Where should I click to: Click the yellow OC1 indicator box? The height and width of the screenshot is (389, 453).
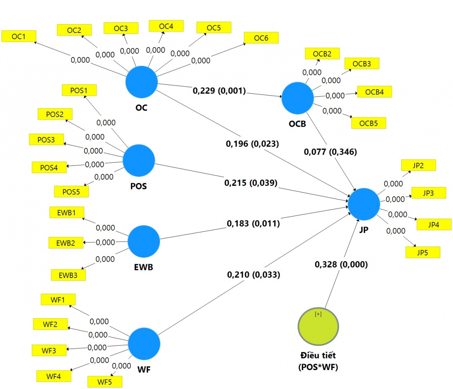point(19,36)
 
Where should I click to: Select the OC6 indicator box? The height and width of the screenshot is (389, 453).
point(261,38)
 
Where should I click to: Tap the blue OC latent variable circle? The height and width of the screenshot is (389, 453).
point(142,82)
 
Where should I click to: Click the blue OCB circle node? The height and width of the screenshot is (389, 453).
point(297,98)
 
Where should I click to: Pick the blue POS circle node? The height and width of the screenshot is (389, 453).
point(139,160)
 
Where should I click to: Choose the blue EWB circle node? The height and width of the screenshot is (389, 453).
point(144,242)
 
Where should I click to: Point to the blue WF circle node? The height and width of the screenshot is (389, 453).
point(144,344)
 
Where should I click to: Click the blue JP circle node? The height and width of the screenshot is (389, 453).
point(364,204)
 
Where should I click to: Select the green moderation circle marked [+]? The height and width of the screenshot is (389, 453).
point(318,327)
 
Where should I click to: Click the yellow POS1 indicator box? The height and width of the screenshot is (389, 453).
point(79,90)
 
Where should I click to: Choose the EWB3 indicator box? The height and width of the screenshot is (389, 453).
point(68,275)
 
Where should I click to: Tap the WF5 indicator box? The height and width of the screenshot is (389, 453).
point(105,382)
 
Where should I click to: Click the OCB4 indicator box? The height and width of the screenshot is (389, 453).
point(374,92)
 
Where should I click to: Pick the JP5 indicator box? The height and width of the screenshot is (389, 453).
point(423,253)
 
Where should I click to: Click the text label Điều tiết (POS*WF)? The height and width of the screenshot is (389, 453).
point(318,361)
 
